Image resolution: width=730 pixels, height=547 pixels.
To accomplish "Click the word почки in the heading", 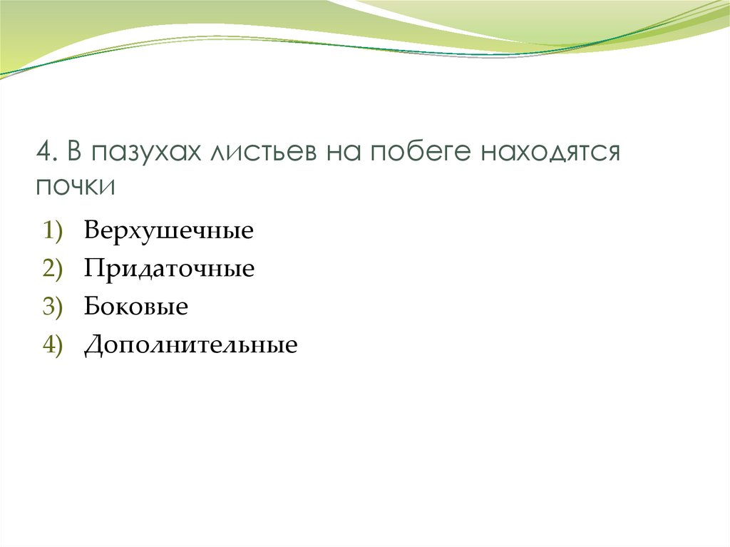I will tap(75, 186).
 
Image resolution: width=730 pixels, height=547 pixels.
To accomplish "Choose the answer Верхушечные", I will tap(169, 231).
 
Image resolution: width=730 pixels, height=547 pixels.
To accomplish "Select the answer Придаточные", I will tap(169, 270).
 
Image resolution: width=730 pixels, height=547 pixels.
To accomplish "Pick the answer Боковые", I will tap(136, 307).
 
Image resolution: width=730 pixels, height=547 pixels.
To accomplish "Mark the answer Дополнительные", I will tap(190, 346).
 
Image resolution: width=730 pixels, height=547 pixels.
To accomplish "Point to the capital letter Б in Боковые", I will tap(91, 307).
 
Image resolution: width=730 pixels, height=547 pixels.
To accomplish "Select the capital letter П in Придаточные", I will tap(93, 270).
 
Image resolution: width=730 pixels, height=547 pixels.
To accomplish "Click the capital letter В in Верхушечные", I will tap(92, 231).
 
